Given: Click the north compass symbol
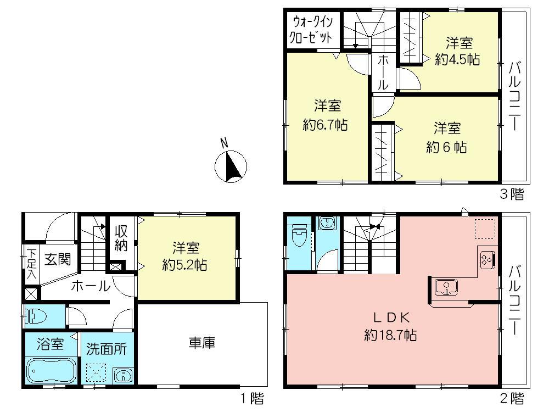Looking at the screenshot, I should [x=230, y=165].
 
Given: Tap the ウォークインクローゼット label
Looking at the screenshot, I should [x=312, y=31].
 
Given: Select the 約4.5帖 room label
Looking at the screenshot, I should [x=457, y=59].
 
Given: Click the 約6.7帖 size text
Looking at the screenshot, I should [x=325, y=125].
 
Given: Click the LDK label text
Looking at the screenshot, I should [x=390, y=317].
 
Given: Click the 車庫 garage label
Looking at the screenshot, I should [x=201, y=343].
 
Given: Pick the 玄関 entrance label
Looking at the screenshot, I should [x=55, y=258].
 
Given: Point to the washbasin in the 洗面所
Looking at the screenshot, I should [x=123, y=376].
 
